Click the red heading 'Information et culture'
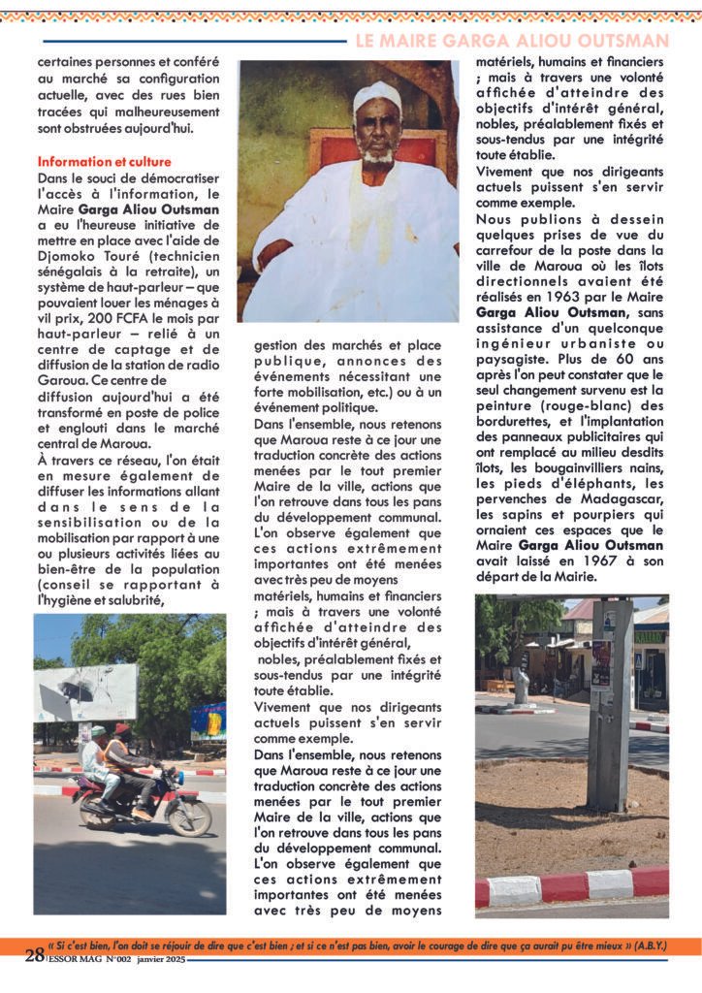(x=104, y=161)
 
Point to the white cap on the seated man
(x=377, y=98)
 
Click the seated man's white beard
(x=378, y=155)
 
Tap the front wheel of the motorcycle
(x=189, y=816)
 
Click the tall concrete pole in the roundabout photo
(x=611, y=707)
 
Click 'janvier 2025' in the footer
(x=158, y=959)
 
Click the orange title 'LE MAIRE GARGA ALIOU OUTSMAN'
(x=512, y=41)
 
